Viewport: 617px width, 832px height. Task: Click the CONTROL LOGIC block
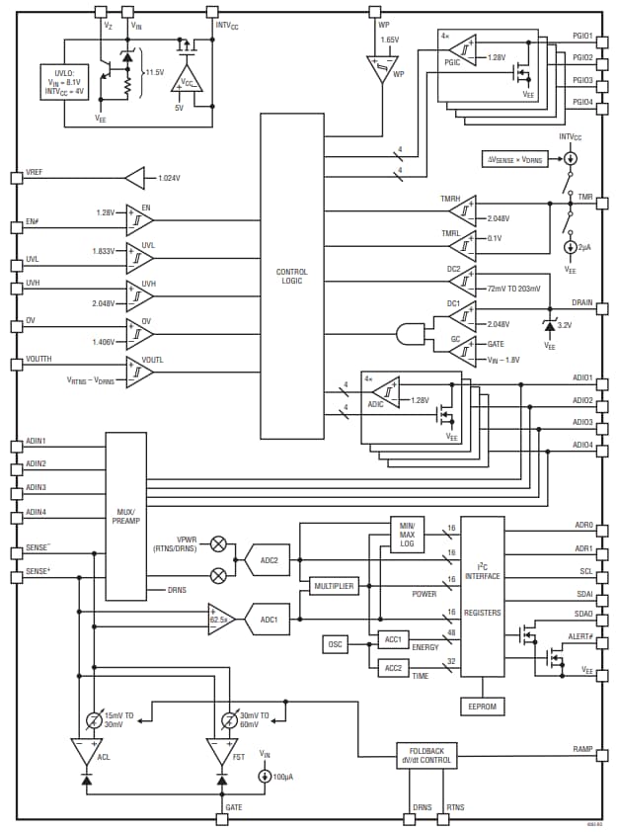[x=291, y=276]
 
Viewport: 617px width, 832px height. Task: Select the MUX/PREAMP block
[x=125, y=516]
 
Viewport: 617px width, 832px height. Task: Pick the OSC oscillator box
[x=336, y=644]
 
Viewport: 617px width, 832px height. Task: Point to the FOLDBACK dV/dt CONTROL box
[x=427, y=755]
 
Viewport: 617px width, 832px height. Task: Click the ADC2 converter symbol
[x=268, y=559]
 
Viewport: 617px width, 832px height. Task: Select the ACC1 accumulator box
[x=393, y=639]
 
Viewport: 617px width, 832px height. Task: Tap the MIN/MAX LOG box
[x=407, y=535]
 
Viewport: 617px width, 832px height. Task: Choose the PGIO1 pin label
[x=581, y=36]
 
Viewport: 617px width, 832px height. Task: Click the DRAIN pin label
[x=581, y=302]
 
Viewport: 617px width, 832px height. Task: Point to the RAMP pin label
[x=582, y=749]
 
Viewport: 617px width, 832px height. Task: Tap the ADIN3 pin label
[x=37, y=487]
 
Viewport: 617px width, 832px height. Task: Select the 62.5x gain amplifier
[x=220, y=619]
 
